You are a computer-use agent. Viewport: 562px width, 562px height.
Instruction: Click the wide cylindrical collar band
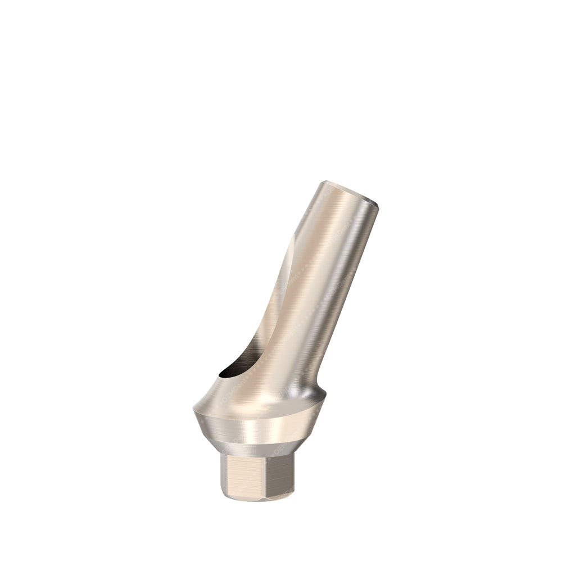click(x=259, y=430)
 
